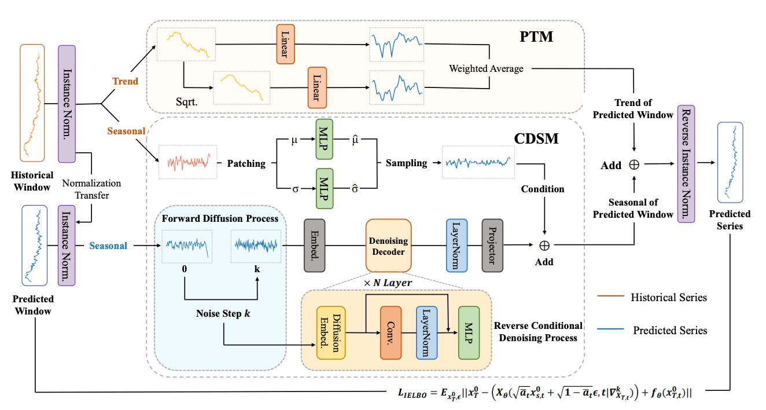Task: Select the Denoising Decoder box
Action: point(388,245)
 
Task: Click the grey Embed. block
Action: point(315,245)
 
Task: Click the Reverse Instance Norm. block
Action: point(687,164)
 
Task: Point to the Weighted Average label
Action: point(486,69)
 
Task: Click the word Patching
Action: point(246,164)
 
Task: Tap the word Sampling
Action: point(406,163)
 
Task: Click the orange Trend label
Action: point(126,82)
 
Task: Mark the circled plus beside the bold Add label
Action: point(634,165)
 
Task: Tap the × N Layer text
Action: point(389,282)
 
